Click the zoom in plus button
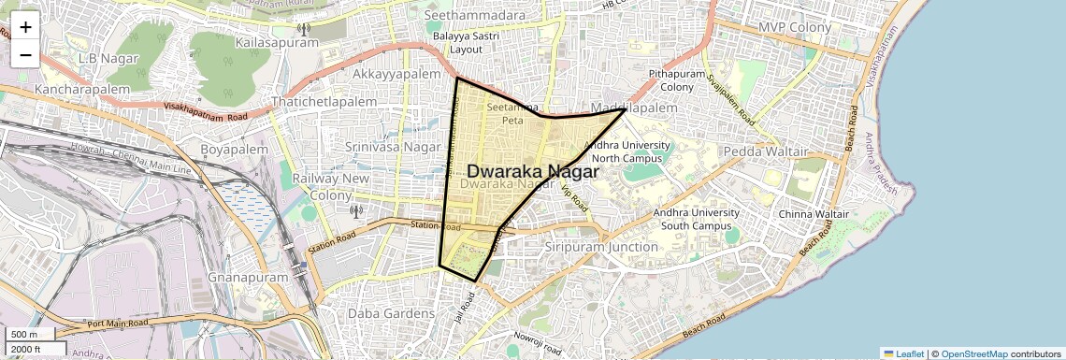(x=25, y=27)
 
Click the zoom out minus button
(x=25, y=54)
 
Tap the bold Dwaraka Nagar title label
(x=532, y=171)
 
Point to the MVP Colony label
(x=795, y=27)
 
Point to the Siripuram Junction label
(x=600, y=247)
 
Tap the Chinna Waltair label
(x=813, y=214)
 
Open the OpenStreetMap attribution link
(x=973, y=353)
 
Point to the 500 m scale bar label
(x=24, y=335)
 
